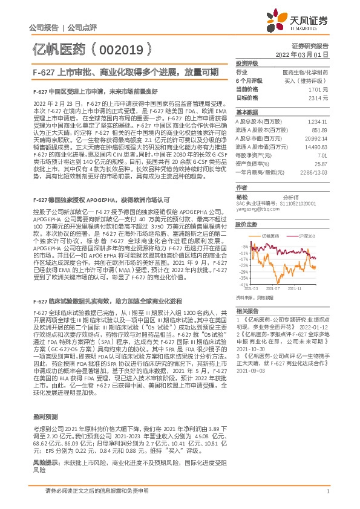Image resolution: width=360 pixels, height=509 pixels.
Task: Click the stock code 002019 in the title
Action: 128,48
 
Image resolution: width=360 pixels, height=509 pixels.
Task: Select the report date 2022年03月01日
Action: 302,54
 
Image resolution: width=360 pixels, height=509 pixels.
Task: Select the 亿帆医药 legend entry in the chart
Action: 267,235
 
